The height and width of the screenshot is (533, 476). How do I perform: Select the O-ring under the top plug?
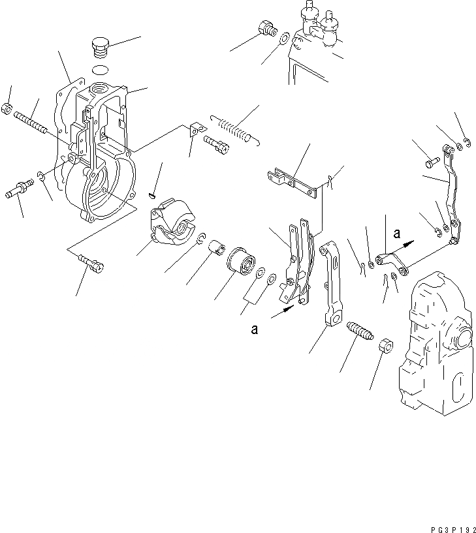click(x=100, y=69)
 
